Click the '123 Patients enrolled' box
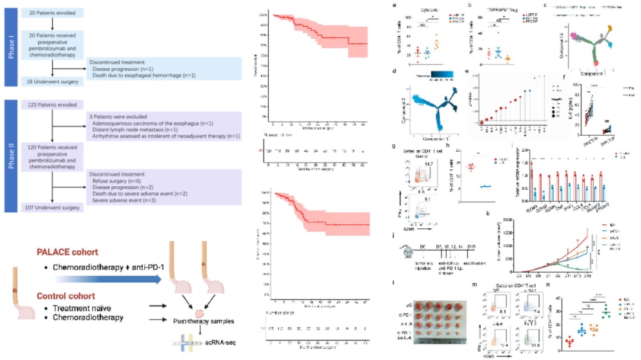[x=53, y=104]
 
